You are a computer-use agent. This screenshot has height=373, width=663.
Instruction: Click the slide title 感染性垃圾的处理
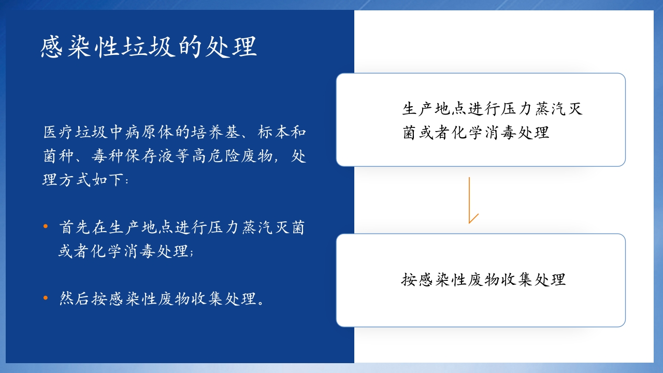tap(149, 47)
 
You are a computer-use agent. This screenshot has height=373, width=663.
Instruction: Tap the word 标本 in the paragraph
tap(274, 132)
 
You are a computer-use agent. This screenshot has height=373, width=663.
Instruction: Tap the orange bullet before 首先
tap(46, 226)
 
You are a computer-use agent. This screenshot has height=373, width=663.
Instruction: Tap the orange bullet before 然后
tap(46, 297)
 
